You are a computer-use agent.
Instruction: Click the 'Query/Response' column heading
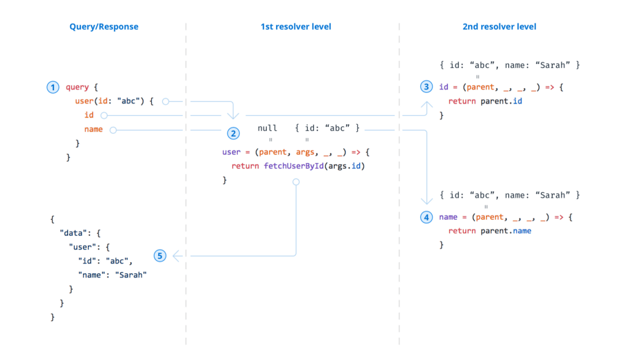103,27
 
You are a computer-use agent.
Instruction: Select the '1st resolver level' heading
295,27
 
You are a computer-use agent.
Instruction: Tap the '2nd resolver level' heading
499,27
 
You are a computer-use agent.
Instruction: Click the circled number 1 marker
53,87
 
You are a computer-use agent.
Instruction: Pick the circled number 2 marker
233,133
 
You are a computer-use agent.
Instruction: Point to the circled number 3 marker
426,87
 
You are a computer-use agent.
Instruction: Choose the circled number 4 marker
426,217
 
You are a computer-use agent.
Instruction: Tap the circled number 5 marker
160,256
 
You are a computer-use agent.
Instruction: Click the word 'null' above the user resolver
267,128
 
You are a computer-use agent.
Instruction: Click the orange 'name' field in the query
94,129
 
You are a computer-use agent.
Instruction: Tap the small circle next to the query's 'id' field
104,115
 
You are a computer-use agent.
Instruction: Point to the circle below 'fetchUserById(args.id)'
296,182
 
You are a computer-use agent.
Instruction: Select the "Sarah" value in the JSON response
131,275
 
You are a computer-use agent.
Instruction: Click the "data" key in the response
72,233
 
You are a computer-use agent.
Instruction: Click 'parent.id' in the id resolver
499,101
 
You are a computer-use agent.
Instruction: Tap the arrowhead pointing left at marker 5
176,256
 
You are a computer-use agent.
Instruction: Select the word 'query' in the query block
77,87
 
